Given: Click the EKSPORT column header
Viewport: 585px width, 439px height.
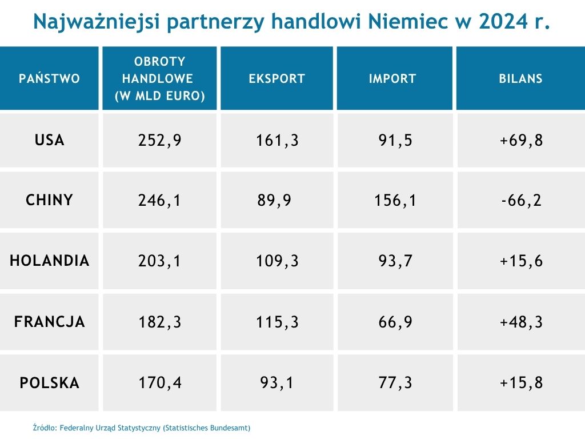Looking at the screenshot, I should [x=277, y=78].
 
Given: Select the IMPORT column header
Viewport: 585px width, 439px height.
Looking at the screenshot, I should [x=392, y=78].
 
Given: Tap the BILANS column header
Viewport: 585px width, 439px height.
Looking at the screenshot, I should [x=520, y=78].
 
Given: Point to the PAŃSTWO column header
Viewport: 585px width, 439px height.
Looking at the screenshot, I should [x=50, y=78].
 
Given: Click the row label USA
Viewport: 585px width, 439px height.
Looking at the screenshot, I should [x=50, y=140].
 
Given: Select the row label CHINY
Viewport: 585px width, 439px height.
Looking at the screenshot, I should [x=50, y=200].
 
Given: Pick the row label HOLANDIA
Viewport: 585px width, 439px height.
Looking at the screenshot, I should [x=50, y=261].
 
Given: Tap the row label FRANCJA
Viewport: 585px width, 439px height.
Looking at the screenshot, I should [x=50, y=322].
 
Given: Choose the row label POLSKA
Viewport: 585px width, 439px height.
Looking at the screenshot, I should [x=50, y=382].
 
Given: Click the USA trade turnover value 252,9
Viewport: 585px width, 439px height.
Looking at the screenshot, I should [x=160, y=140].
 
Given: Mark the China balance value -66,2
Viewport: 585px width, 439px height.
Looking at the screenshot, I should [x=520, y=201].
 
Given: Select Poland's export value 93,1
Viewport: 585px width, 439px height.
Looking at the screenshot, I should [x=277, y=382].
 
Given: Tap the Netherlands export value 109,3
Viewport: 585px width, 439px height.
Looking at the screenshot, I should [x=277, y=261].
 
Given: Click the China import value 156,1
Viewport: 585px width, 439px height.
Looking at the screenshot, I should [x=394, y=201].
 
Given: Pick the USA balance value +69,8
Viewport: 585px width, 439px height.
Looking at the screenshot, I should [x=520, y=140].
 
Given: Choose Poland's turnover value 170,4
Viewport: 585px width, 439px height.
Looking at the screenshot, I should [x=160, y=382].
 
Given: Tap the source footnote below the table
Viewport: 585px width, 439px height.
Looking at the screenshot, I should [x=142, y=428].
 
